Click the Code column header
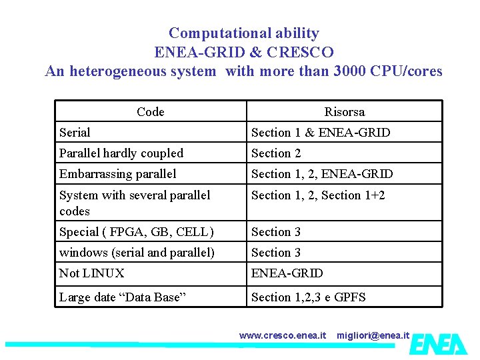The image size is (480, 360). click(x=150, y=111)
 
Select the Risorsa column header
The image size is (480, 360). click(x=344, y=111)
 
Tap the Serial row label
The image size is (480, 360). click(x=75, y=133)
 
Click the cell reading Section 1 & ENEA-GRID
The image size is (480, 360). click(x=321, y=133)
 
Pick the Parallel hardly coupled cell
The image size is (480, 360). click(x=121, y=153)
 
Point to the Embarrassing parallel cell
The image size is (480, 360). click(x=118, y=174)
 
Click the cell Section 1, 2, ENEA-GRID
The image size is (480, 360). click(x=322, y=174)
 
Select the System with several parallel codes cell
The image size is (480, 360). click(x=135, y=203)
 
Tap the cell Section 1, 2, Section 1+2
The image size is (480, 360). click(x=318, y=195)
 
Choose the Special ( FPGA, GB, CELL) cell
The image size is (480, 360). click(x=137, y=232)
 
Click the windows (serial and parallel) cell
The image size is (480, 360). click(x=137, y=253)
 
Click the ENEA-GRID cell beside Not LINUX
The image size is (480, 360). click(x=287, y=273)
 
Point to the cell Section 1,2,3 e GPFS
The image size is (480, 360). click(x=308, y=297)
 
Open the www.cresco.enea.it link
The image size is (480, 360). click(x=283, y=335)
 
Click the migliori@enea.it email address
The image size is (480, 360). click(x=373, y=335)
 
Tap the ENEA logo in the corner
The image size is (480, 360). click(x=438, y=343)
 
